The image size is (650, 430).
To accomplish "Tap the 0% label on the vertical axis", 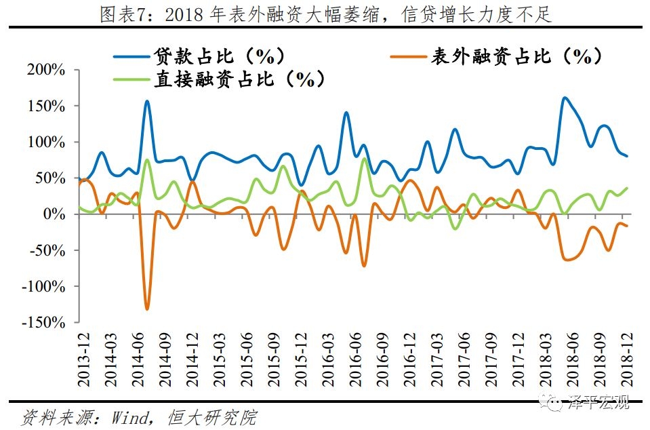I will tap(54, 214).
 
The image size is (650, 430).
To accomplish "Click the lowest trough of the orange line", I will tap(147, 309).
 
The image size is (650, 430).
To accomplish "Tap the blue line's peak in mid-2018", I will tap(564, 98).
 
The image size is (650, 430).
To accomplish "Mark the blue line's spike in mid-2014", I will tap(147, 101).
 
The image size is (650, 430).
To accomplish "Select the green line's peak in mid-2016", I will tap(364, 159).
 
